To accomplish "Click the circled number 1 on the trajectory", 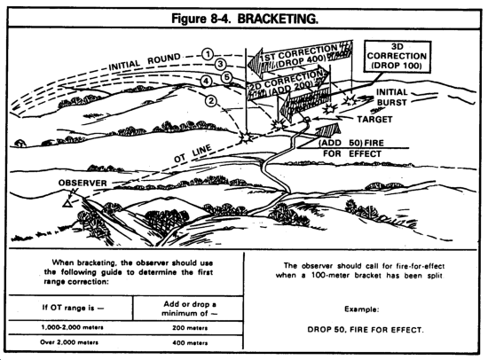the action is tap(208, 54).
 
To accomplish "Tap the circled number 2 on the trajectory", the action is tap(211, 101).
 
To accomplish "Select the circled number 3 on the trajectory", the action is tap(220, 65).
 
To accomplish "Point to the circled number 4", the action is tap(206, 82).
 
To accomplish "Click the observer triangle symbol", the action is tap(67, 204).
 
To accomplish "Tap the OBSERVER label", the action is tap(83, 183).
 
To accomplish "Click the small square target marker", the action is tap(307, 119).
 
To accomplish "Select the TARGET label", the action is tap(374, 120).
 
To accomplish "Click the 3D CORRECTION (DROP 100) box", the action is tap(397, 57).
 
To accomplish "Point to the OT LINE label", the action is tap(193, 153).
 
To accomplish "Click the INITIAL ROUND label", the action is tap(145, 62).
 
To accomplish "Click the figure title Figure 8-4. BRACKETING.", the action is tap(245, 19).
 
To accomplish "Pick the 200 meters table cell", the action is tap(190, 328).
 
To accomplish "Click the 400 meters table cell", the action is tap(190, 343).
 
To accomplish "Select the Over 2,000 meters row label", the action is tap(69, 342).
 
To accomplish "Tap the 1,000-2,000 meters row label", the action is tap(72, 327).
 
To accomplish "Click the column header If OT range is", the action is tap(73, 308).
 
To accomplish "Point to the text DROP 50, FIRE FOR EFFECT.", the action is tap(365, 330).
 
